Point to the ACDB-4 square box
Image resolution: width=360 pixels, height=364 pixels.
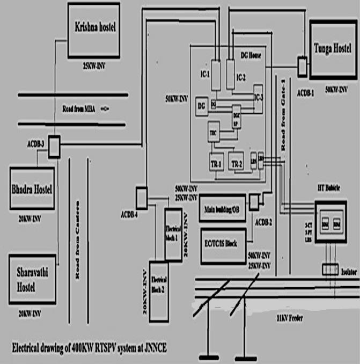141,197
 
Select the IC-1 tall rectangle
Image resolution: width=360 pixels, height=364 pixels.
216,75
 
